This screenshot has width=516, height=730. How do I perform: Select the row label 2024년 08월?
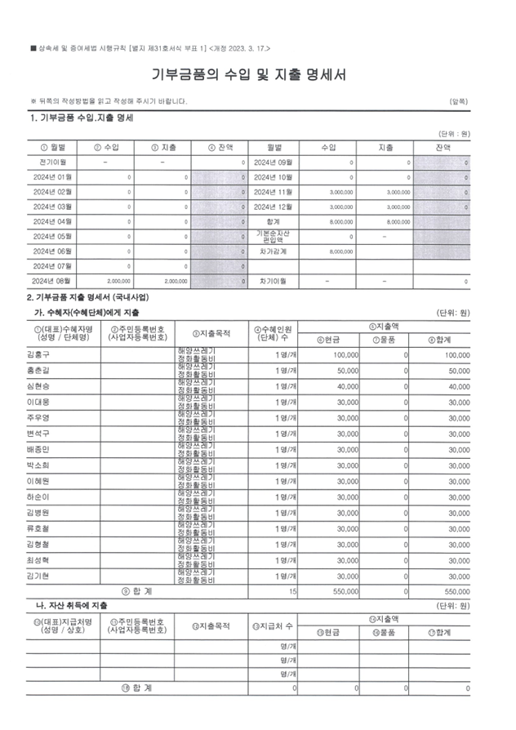click(x=53, y=281)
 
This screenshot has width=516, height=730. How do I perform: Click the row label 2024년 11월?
click(x=274, y=192)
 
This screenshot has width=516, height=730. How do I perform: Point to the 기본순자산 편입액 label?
click(x=274, y=236)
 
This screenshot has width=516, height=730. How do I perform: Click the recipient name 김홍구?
click(x=38, y=355)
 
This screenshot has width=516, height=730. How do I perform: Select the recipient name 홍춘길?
click(x=38, y=371)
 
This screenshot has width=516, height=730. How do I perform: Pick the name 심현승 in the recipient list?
click(x=38, y=386)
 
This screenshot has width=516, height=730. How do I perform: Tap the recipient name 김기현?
click(x=38, y=576)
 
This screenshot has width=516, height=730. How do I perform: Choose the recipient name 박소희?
click(x=38, y=465)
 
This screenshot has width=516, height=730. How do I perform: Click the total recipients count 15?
click(x=292, y=590)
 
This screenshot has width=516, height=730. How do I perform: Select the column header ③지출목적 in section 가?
click(x=211, y=333)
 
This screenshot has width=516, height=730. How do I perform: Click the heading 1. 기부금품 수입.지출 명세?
click(x=82, y=118)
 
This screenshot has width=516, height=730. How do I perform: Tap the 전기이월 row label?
click(x=52, y=162)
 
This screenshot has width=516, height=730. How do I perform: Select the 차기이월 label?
click(x=274, y=281)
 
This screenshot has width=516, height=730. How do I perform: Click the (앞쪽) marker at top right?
click(x=458, y=101)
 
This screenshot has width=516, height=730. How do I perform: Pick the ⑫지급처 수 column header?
click(x=274, y=625)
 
